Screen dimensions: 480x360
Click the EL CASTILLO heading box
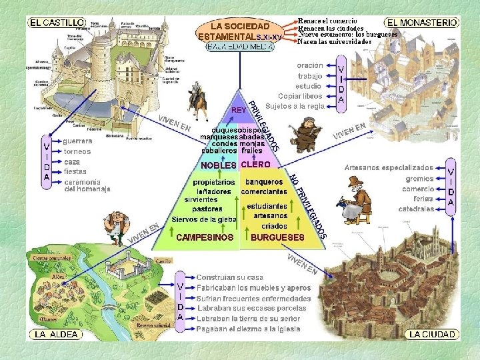pyautogui.click(x=56, y=22)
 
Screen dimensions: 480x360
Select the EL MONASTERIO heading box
pyautogui.click(x=423, y=22)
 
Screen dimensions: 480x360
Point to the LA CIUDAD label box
pyautogui.click(x=432, y=334)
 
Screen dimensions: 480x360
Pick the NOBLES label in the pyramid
pyautogui.click(x=219, y=165)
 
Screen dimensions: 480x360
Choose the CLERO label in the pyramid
pyautogui.click(x=255, y=164)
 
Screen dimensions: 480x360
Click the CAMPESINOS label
pyautogui.click(x=205, y=237)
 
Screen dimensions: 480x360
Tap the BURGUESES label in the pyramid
pyautogui.click(x=277, y=237)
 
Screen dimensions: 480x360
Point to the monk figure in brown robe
pyautogui.click(x=307, y=135)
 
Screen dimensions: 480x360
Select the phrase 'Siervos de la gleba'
pyautogui.click(x=204, y=219)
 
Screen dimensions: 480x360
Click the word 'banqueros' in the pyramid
pyautogui.click(x=264, y=182)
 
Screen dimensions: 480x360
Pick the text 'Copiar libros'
pyautogui.click(x=300, y=96)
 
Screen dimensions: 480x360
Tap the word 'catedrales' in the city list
pyautogui.click(x=416, y=209)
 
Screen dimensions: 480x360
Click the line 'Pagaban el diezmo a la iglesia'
pyautogui.click(x=248, y=329)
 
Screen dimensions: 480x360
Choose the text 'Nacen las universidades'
pyautogui.click(x=335, y=41)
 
